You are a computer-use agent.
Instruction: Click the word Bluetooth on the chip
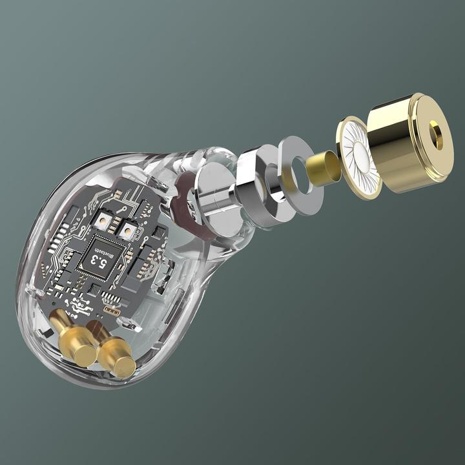pyautogui.click(x=108, y=254)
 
